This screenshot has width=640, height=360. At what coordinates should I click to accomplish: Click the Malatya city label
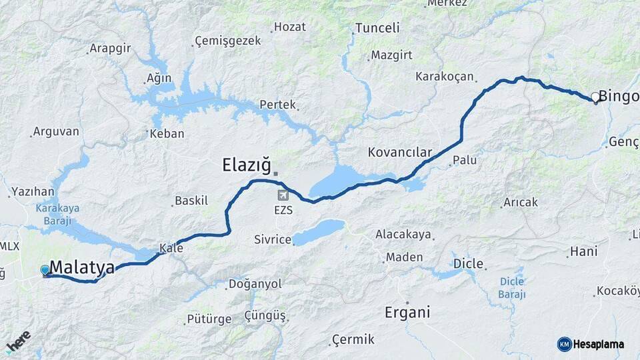(x=81, y=268)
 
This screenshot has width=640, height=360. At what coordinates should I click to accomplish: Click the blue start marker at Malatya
(x=45, y=270)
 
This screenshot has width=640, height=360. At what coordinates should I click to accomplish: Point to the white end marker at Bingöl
(x=595, y=97)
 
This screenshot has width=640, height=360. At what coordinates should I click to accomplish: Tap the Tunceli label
(x=377, y=28)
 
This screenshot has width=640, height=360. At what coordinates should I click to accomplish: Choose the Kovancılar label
(x=400, y=152)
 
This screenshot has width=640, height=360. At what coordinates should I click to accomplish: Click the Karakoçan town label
(x=444, y=77)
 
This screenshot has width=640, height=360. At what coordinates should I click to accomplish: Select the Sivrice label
(x=273, y=239)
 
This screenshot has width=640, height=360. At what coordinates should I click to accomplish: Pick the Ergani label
(x=407, y=312)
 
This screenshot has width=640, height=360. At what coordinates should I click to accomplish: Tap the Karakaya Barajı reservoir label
(x=57, y=213)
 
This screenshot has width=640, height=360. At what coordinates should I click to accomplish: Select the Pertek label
(x=277, y=105)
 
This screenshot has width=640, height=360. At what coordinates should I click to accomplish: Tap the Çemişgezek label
(x=228, y=41)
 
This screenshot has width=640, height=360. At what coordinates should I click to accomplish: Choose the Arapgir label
(x=110, y=49)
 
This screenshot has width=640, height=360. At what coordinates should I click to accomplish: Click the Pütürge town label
(x=209, y=319)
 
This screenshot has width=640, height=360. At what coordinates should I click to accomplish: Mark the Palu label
(x=465, y=161)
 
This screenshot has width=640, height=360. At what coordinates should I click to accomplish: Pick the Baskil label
(x=191, y=201)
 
